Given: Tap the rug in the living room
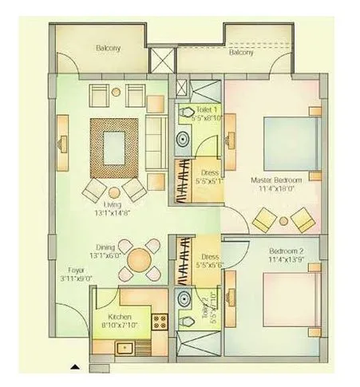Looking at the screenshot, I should pyautogui.click(x=117, y=148).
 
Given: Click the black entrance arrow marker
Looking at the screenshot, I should pyautogui.click(x=75, y=366).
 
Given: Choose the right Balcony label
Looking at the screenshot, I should pyautogui.click(x=240, y=53).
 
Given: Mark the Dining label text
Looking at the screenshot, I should pyautogui.click(x=106, y=247).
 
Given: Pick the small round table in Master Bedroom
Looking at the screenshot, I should pyautogui.click(x=283, y=219).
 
